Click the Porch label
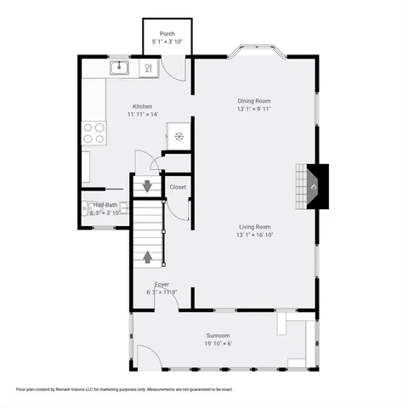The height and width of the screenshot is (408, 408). (167, 34)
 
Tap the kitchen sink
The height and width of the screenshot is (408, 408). (119, 67)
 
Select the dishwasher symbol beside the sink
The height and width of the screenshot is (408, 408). (148, 67)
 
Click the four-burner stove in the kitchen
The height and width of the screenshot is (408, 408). (93, 133)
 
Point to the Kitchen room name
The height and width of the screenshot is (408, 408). (142, 106)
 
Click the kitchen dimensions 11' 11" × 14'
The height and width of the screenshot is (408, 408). (142, 114)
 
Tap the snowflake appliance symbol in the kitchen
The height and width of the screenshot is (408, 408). (178, 136)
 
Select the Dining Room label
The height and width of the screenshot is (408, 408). (253, 100)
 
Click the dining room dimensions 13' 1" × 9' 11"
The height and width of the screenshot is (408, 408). (253, 109)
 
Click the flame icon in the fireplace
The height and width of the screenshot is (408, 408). (313, 185)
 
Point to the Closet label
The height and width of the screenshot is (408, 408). (178, 187)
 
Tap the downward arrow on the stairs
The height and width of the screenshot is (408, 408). (147, 185)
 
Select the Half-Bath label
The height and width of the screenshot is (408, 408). (105, 206)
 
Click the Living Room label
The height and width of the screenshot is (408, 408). (254, 226)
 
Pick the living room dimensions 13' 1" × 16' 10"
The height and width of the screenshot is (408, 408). (254, 235)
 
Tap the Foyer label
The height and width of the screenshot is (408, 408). (161, 284)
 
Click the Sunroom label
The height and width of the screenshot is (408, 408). (218, 336)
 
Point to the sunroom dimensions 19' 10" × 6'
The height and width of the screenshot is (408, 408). (218, 343)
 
